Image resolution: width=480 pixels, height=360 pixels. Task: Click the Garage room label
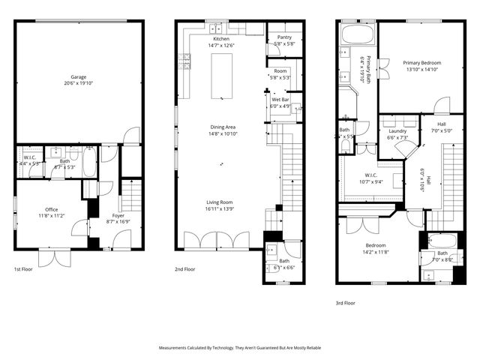[78, 76]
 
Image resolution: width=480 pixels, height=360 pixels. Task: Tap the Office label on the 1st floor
[52, 209]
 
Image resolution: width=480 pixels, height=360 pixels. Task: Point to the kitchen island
[221, 76]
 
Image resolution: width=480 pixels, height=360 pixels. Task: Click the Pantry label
[284, 37]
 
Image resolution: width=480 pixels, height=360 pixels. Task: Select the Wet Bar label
[280, 99]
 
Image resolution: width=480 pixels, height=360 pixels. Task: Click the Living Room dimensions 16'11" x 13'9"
[220, 208]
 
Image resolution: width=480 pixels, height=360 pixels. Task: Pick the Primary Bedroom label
[421, 63]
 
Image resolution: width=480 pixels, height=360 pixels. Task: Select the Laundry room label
[397, 130]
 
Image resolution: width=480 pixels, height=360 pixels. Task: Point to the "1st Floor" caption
[24, 268]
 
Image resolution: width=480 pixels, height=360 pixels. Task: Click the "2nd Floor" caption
[186, 268]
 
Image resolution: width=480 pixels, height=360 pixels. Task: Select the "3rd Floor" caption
[346, 304]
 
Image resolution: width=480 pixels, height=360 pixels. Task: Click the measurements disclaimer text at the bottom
[239, 348]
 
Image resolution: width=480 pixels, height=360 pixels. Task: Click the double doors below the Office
[54, 257]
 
